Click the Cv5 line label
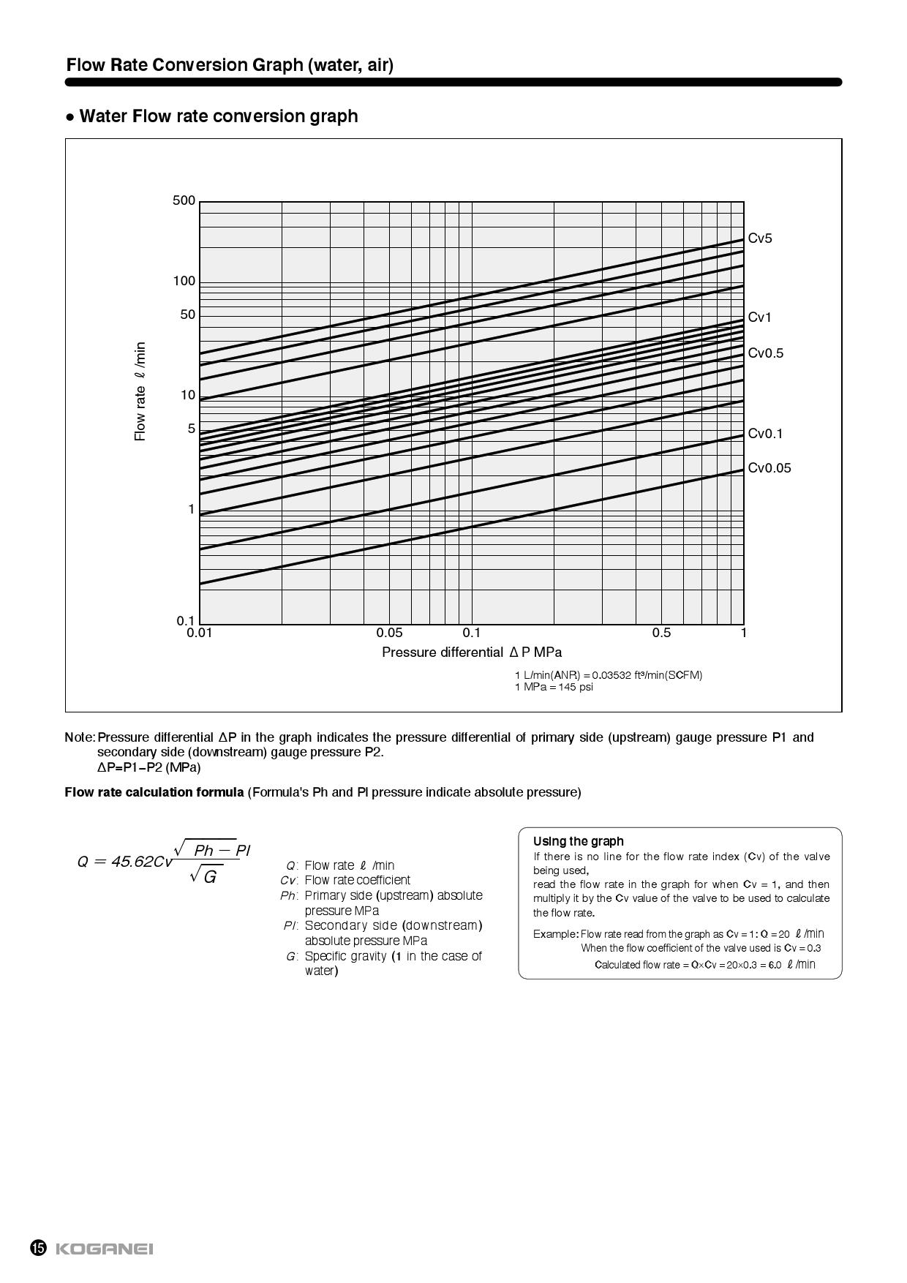pos(759,238)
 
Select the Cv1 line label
pos(759,317)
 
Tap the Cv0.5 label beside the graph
pos(765,353)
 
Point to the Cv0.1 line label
pos(765,434)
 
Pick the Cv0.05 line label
pos(769,468)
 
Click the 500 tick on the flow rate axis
pos(184,200)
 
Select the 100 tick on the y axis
pos(184,281)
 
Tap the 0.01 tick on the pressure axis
pos(199,633)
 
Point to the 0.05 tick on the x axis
pos(389,633)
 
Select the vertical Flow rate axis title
pos(140,391)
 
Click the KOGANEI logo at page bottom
pos(104,1249)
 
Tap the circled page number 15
pos(38,1249)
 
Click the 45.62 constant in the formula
pos(132,862)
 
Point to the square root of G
pos(204,876)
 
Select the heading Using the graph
pos(578,841)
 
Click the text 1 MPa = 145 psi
pos(554,687)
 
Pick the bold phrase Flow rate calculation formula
pos(154,792)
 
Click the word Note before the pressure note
pos(79,737)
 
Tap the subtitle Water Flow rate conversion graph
pos(218,116)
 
